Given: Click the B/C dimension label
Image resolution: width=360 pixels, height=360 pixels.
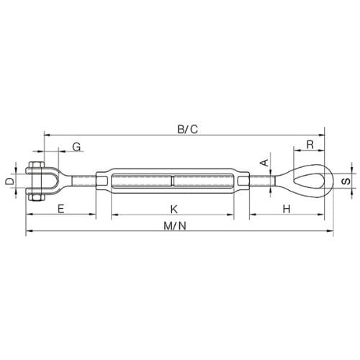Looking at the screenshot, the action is tap(188, 129).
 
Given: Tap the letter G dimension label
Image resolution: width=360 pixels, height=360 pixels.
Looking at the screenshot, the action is tap(77, 147).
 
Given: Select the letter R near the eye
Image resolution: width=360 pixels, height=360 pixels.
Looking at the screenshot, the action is tap(310, 145).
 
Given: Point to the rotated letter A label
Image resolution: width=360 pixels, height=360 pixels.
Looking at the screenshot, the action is tap(265, 163).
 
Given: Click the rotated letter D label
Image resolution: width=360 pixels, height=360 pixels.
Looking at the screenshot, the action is tap(10, 181).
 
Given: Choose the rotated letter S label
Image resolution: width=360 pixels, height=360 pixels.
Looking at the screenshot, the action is tap(346, 181).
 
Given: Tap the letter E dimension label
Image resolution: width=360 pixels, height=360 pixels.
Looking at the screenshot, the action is tap(61, 209).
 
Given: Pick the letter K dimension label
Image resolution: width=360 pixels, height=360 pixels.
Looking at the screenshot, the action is tap(174, 209).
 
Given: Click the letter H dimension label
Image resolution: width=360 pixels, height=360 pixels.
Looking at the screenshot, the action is tap(287, 209).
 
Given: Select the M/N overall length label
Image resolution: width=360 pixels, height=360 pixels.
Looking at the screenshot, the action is tap(175, 226).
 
